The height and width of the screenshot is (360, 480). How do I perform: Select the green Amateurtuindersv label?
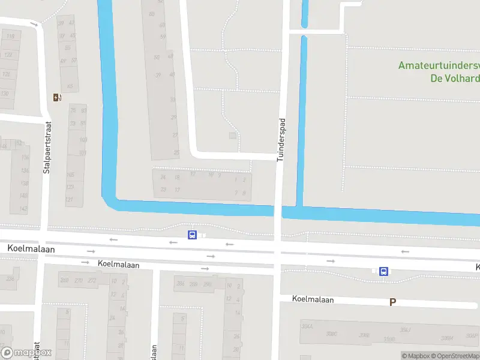point(439,65)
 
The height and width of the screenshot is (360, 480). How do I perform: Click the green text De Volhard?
point(454,78)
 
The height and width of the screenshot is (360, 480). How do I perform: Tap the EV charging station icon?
point(57,97)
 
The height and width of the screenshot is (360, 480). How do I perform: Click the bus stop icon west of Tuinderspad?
point(192,235)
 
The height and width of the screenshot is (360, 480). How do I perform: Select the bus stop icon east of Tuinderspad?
point(383,271)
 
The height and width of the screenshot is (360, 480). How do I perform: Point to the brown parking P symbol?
point(392,302)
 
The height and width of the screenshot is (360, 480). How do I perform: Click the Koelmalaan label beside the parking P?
point(312,298)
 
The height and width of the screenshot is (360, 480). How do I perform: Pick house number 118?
point(10,36)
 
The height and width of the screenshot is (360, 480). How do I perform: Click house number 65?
point(70,86)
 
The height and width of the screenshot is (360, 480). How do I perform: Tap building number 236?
point(10,279)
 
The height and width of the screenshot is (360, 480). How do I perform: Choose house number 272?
point(92,280)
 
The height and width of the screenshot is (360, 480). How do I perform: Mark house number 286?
point(180,284)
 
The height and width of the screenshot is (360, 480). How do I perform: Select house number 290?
point(207,284)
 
